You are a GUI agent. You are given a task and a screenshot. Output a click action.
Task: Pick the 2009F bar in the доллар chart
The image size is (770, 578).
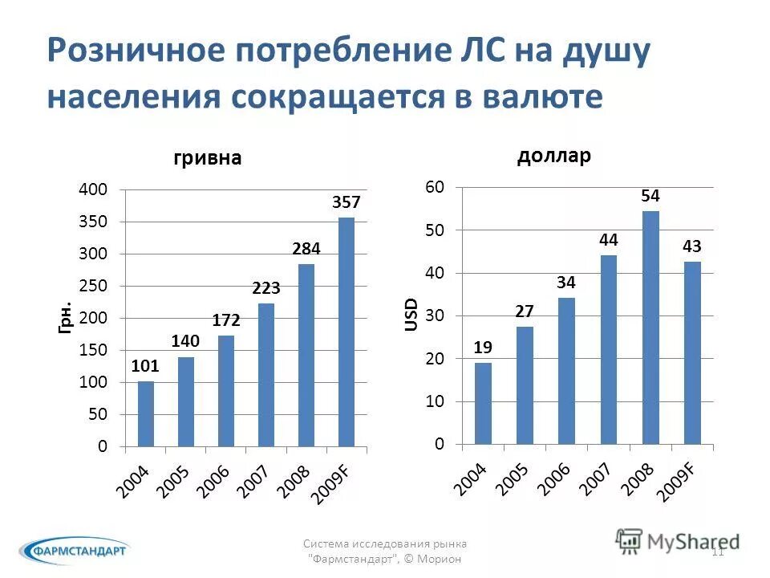click(x=692, y=352)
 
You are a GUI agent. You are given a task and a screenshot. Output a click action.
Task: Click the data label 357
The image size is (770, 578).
click(x=346, y=203)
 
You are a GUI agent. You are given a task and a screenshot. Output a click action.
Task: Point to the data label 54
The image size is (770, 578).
click(x=650, y=196)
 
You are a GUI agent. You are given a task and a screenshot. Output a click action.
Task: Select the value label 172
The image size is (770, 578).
click(x=226, y=320)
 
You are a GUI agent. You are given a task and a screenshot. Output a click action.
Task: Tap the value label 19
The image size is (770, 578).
click(x=482, y=347)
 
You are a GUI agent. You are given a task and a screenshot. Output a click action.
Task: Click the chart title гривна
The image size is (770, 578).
click(x=208, y=158)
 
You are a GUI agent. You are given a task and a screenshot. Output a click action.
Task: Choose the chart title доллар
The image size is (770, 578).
click(x=554, y=156)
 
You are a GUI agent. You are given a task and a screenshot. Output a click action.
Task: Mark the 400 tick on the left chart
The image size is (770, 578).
click(x=91, y=189)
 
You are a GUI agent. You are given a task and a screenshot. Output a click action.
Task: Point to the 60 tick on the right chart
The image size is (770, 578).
click(x=434, y=187)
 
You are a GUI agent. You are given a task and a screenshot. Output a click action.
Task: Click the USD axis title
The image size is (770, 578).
click(x=411, y=315)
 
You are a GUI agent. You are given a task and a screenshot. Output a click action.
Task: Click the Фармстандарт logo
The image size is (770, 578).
click(x=74, y=551)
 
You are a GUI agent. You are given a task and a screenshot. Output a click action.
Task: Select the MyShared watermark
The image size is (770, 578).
click(x=678, y=541)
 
